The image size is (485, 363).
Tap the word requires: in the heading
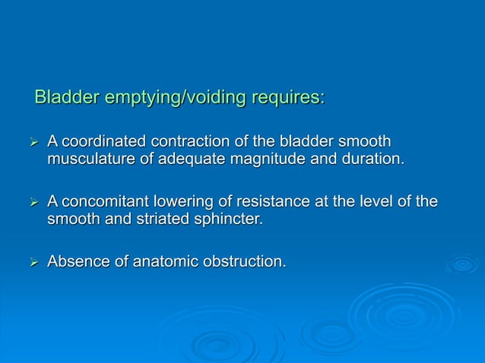[x=287, y=97]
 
